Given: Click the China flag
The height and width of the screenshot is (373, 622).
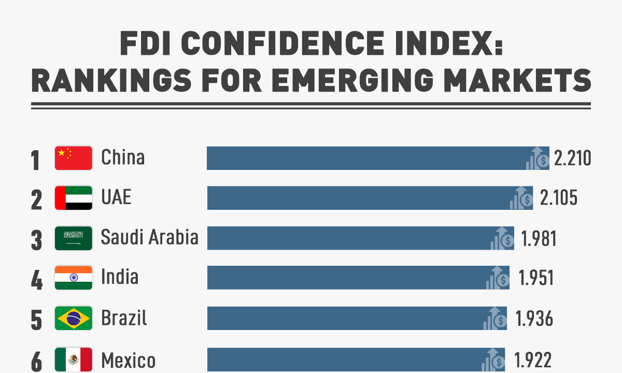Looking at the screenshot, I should pos(74,158).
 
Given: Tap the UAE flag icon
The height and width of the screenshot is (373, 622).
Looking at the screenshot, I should pos(74,198).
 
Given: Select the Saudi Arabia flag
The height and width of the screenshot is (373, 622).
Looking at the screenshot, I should pos(74,238).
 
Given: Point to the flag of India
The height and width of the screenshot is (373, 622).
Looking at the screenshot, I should pos(74,278).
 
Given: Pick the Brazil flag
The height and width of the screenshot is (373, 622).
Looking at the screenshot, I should pos(74,318).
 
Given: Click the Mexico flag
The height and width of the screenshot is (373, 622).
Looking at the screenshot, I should pos(74,358).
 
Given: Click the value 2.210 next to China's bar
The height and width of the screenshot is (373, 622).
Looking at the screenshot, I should pos(572,158).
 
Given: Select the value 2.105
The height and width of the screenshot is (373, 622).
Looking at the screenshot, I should pos(558,198).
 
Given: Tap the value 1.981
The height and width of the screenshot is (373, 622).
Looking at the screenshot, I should pos(539,238).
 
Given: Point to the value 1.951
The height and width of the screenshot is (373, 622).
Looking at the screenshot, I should pos(536,278).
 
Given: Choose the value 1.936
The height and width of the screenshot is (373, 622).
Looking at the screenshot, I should pos(534,319).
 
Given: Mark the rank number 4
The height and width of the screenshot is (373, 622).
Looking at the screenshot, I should pos(36,280).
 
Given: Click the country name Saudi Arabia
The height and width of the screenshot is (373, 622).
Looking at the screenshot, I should pos(149,237).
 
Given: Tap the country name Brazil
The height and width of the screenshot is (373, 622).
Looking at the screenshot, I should pos(124,318).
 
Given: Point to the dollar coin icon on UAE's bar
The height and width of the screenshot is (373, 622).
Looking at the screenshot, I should pos(527,200).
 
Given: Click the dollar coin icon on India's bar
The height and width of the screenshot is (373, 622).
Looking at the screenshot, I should pos(503,280).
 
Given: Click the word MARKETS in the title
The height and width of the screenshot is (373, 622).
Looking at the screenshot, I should pos(524,80).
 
